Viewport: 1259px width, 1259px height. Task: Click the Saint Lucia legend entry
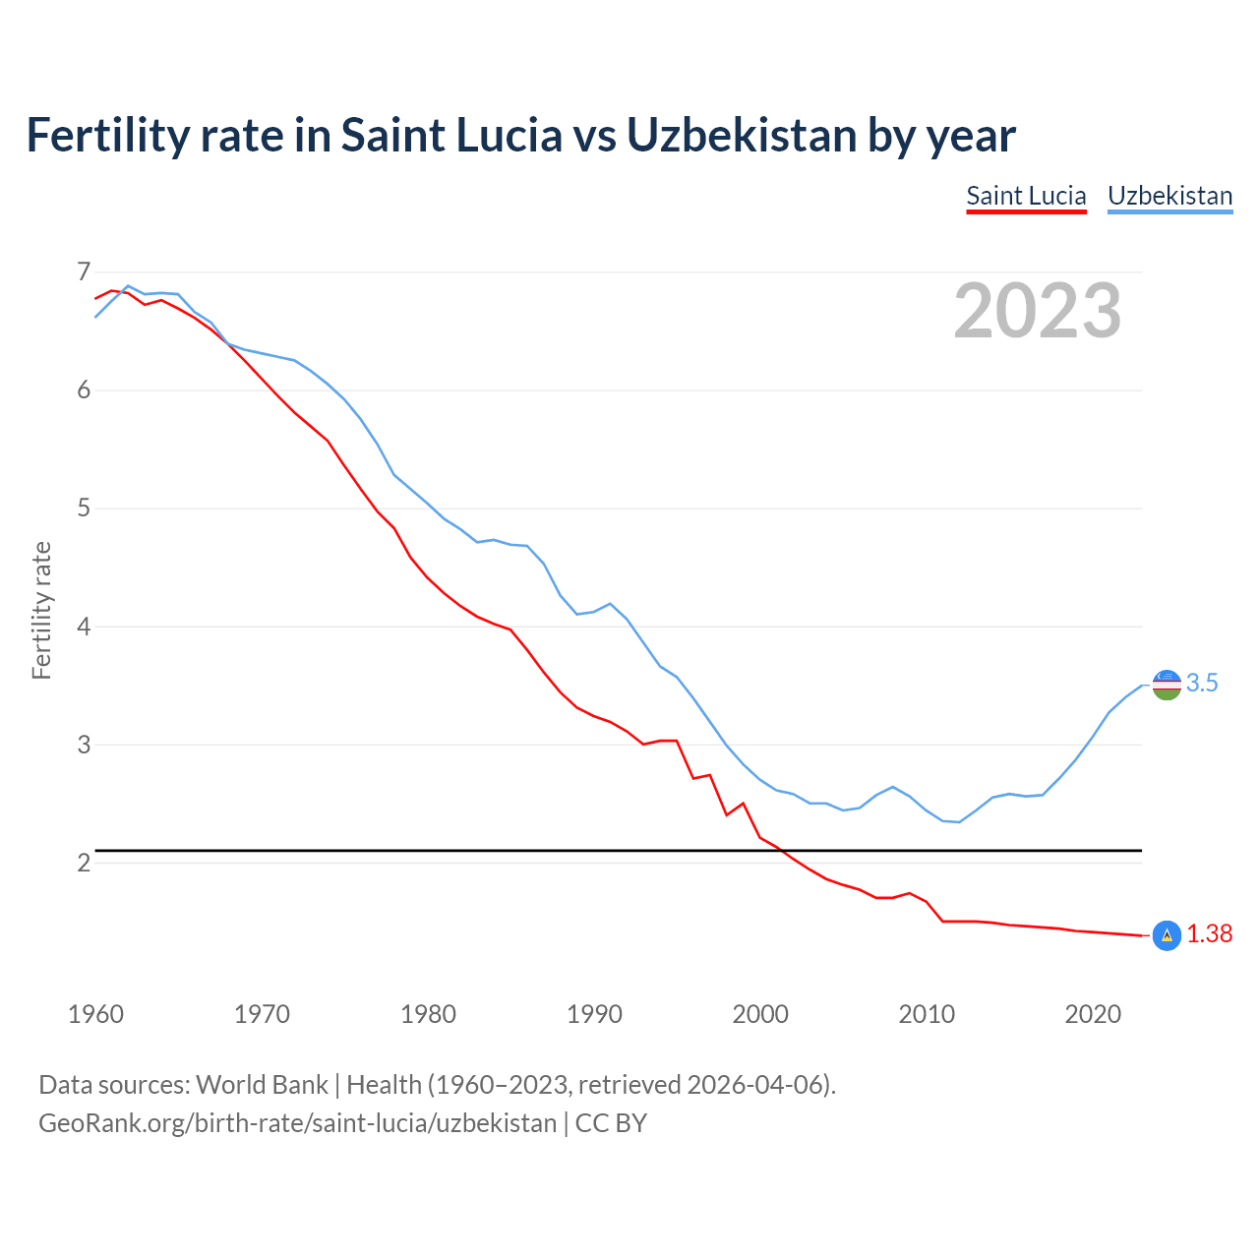click(x=1026, y=196)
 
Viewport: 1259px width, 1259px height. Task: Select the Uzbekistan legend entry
click(x=1169, y=196)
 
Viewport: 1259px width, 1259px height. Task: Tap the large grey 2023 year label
click(x=1038, y=311)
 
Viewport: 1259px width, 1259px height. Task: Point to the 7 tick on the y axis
click(x=84, y=271)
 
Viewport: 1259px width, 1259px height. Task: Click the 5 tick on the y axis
click(x=84, y=509)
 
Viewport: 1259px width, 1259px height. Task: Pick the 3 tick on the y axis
click(x=84, y=745)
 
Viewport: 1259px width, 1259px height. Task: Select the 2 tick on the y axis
click(x=84, y=863)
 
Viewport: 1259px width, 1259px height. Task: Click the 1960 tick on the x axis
click(x=95, y=1014)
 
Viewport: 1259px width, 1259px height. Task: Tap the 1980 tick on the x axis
click(x=428, y=1014)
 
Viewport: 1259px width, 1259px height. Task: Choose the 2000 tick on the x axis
click(x=760, y=1014)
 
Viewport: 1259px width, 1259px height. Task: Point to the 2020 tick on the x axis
click(x=1093, y=1014)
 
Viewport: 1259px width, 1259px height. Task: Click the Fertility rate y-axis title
click(x=41, y=610)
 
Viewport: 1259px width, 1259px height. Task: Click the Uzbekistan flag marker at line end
click(x=1167, y=685)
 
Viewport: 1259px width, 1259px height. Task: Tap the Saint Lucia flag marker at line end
click(x=1167, y=935)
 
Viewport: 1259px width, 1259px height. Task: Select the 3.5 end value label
click(x=1202, y=684)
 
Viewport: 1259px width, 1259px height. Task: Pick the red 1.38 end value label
click(x=1209, y=934)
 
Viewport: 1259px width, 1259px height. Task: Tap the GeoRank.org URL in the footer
click(x=297, y=1123)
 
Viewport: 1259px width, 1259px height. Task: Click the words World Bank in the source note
click(x=262, y=1085)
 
